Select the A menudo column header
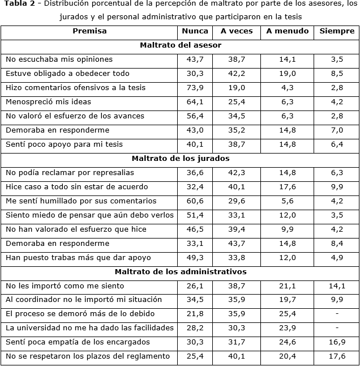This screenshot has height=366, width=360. [288, 31]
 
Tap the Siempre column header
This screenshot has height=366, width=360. [337, 31]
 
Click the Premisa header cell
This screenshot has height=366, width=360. [89, 31]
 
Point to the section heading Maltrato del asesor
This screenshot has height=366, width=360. [180, 45]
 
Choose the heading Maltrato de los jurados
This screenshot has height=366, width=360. [180, 158]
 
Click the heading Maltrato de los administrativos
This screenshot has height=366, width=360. [180, 271]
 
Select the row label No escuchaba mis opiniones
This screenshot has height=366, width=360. [59, 59]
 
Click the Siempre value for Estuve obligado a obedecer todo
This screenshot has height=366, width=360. [337, 74]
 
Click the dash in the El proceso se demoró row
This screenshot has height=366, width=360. [337, 314]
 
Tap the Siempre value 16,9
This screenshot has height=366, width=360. [337, 342]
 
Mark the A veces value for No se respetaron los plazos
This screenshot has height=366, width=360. [237, 356]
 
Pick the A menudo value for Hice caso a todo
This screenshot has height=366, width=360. [288, 187]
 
